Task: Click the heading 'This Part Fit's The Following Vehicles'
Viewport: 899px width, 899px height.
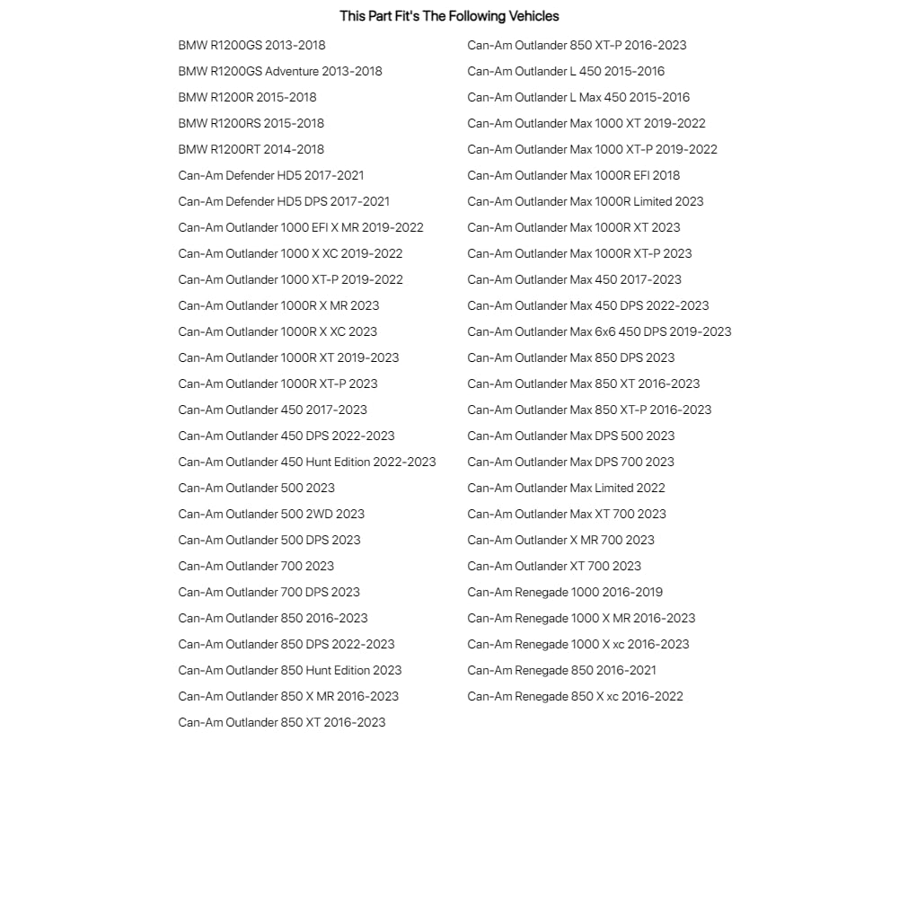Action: (449, 16)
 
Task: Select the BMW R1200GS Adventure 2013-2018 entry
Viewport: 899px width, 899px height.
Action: (279, 71)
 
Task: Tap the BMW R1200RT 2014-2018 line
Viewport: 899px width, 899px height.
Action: (251, 149)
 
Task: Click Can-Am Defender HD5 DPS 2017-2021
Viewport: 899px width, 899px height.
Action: (284, 201)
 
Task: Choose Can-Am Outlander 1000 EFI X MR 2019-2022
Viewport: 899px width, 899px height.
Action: (300, 227)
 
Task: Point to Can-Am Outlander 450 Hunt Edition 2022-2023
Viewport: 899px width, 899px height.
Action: (306, 462)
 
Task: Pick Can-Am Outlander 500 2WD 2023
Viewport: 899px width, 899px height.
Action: (271, 514)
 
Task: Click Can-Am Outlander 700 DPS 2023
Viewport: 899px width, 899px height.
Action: (269, 592)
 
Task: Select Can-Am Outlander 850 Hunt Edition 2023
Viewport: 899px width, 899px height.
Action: (289, 670)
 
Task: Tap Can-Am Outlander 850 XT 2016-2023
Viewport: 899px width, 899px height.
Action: (281, 722)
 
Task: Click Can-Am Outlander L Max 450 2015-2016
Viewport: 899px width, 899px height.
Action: (578, 97)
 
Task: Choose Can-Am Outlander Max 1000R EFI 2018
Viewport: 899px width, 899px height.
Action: (573, 175)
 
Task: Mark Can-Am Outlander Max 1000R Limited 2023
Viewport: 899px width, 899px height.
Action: (585, 201)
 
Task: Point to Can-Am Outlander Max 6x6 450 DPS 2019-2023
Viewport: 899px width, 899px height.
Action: (599, 331)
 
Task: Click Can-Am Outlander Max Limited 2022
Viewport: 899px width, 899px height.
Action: (566, 488)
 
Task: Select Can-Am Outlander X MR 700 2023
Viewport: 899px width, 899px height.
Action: (560, 540)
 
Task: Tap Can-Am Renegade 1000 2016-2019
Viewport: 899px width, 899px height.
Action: (564, 592)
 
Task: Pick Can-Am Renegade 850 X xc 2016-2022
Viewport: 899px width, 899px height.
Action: (575, 696)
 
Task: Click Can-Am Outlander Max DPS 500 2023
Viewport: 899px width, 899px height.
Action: (570, 436)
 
